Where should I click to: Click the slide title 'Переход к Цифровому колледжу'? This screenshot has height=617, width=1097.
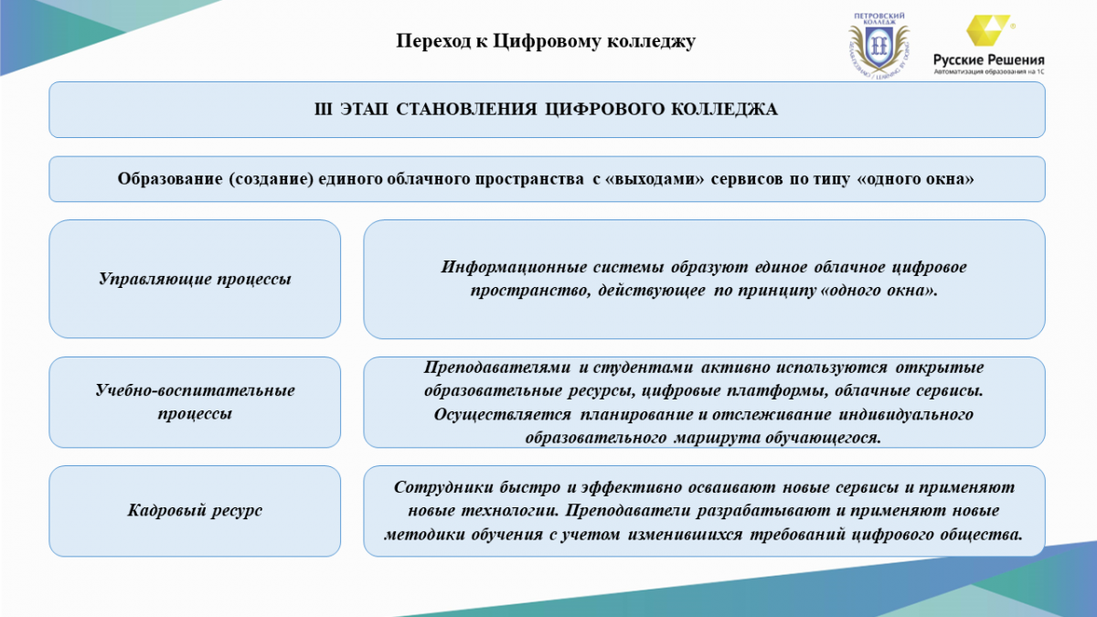pos(546,41)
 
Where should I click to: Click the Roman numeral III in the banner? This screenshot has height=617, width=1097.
pos(322,110)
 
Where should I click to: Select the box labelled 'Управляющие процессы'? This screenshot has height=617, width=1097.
pos(195,279)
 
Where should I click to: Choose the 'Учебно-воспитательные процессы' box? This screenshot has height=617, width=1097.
pos(195,402)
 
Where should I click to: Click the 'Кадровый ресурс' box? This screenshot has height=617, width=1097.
pos(195,511)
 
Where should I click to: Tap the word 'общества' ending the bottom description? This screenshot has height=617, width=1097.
pos(986,534)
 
